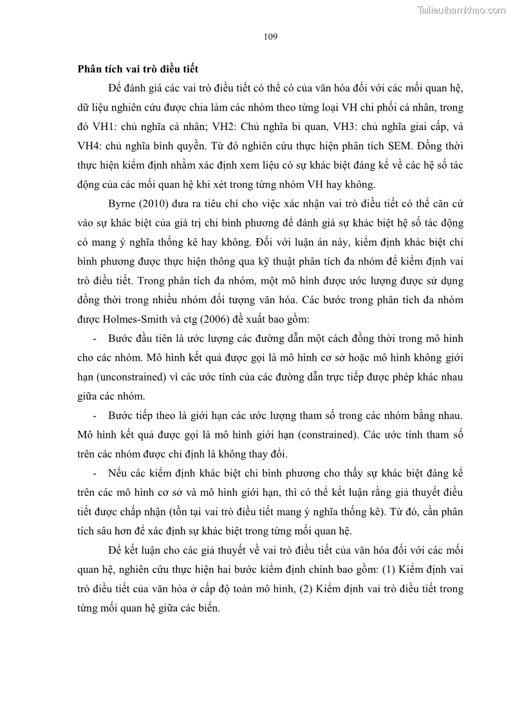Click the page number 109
pos(270,37)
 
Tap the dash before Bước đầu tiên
pos(95,339)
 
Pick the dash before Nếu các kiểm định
pos(95,473)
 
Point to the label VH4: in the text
pos(91,146)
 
